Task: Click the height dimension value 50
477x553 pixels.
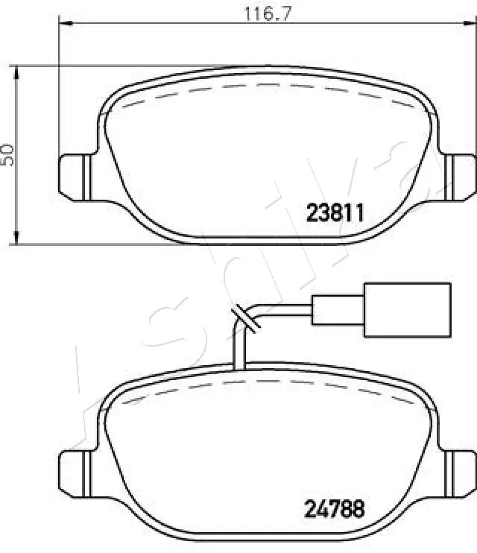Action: [x=8, y=154]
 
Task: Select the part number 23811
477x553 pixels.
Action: [x=335, y=213]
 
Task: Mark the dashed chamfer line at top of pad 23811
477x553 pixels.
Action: [x=261, y=86]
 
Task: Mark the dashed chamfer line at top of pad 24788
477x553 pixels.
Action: [x=261, y=385]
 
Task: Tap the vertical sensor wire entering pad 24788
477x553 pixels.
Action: [x=239, y=350]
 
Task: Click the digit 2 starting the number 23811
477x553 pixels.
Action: [x=313, y=213]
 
